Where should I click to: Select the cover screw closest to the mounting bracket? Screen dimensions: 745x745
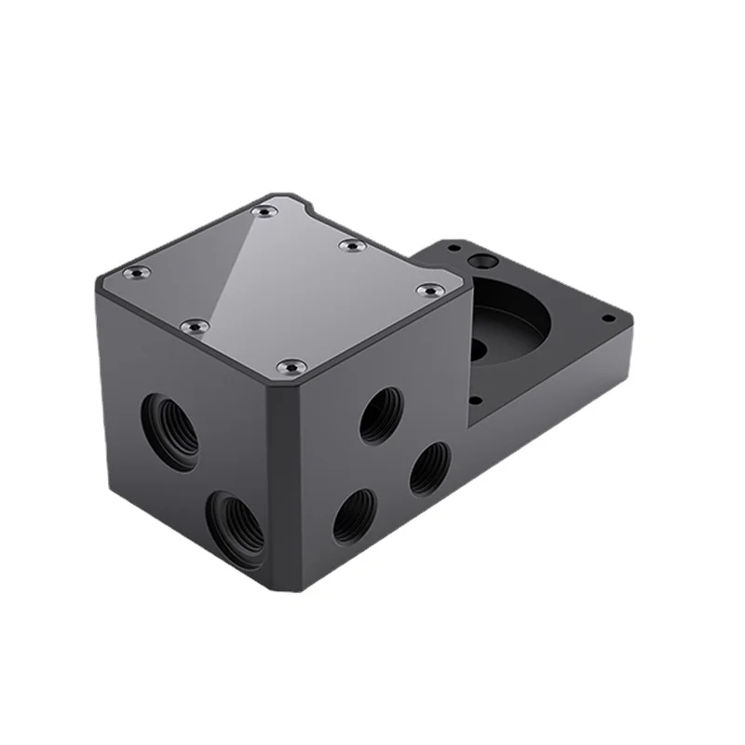[x=428, y=291]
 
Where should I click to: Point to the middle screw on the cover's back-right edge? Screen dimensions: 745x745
[x=349, y=245]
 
